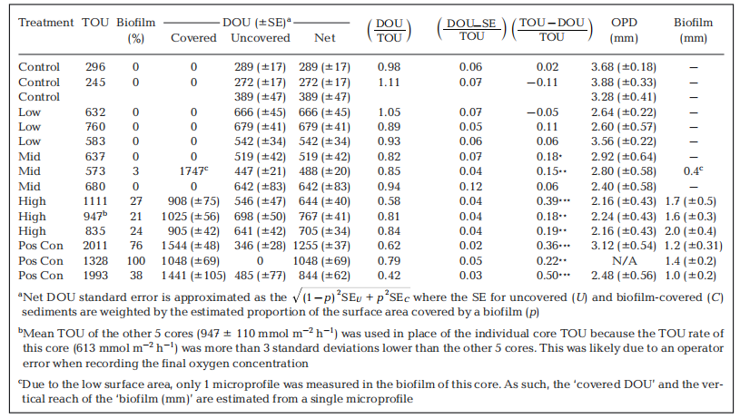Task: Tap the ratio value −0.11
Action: (544, 81)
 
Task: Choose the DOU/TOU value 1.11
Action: (390, 81)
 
